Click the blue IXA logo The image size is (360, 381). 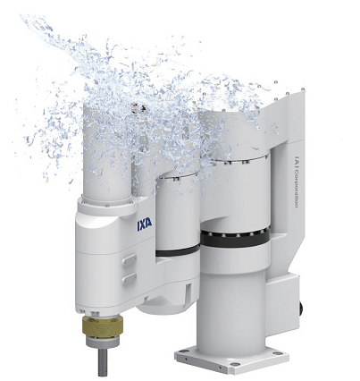click(x=145, y=224)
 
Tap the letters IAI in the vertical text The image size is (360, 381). click(x=297, y=163)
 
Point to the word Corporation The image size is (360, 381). click(x=297, y=190)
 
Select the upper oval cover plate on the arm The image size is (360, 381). click(x=130, y=260)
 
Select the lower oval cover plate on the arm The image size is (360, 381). click(x=130, y=279)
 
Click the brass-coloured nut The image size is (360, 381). click(x=103, y=326)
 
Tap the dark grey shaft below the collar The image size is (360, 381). click(x=103, y=361)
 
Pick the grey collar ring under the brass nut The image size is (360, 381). click(x=103, y=342)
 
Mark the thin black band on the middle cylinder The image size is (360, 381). click(x=178, y=251)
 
